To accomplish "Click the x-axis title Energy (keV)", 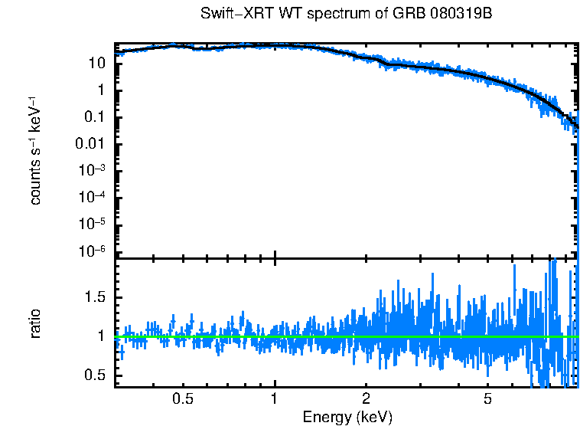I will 347,417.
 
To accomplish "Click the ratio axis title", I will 35,323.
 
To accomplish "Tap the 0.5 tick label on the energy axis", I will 182,399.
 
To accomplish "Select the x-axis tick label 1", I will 275,399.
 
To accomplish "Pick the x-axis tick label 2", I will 367,399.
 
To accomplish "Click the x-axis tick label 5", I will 487,399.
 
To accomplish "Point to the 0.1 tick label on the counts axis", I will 93,117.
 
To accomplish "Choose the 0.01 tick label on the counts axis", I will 90,144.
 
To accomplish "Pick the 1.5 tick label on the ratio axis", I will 93,297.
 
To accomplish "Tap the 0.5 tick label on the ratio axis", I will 93,375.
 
